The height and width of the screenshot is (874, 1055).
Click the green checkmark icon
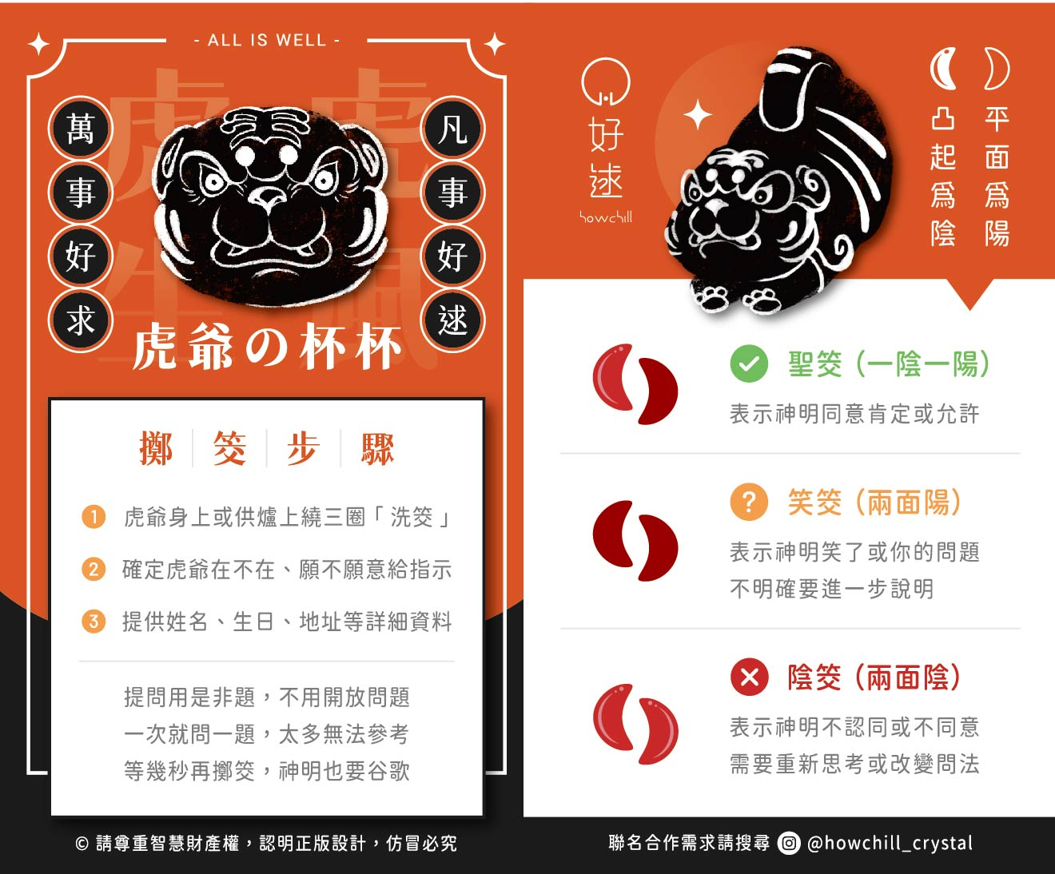(749, 364)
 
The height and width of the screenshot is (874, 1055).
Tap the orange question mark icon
(749, 503)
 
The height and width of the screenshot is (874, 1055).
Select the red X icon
(749, 677)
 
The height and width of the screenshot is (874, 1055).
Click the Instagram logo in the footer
(789, 843)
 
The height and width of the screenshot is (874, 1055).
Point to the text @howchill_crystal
(890, 843)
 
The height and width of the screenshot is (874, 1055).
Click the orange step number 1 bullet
(94, 517)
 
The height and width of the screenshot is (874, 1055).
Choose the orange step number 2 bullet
(94, 570)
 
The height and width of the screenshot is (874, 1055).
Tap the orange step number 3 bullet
(94, 622)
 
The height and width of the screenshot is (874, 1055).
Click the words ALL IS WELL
(267, 40)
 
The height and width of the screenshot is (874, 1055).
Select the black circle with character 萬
(81, 129)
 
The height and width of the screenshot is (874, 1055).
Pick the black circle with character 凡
(452, 129)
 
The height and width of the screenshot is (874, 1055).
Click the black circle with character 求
(81, 320)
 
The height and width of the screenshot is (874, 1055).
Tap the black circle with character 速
(452, 320)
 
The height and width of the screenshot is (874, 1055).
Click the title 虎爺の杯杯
(267, 348)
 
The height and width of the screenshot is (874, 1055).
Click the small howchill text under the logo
(606, 217)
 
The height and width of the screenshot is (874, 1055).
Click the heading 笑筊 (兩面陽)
(874, 503)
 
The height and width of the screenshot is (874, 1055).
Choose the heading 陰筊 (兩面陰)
(874, 677)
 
